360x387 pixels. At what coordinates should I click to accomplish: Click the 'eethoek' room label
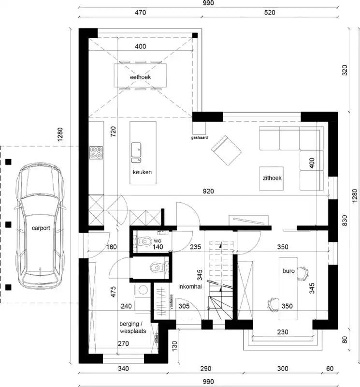[140, 77]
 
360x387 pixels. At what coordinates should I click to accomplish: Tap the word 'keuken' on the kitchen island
[143, 172]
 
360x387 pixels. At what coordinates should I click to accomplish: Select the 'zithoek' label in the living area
[273, 178]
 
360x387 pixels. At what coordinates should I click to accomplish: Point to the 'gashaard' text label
[199, 137]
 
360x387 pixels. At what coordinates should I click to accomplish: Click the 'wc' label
[158, 239]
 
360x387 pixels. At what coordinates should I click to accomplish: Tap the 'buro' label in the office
[288, 271]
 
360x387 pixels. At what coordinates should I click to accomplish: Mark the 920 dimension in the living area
[208, 192]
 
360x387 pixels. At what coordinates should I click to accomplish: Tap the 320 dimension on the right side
[345, 71]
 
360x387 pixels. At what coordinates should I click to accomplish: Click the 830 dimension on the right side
[345, 220]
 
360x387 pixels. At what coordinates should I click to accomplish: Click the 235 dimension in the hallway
[195, 247]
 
